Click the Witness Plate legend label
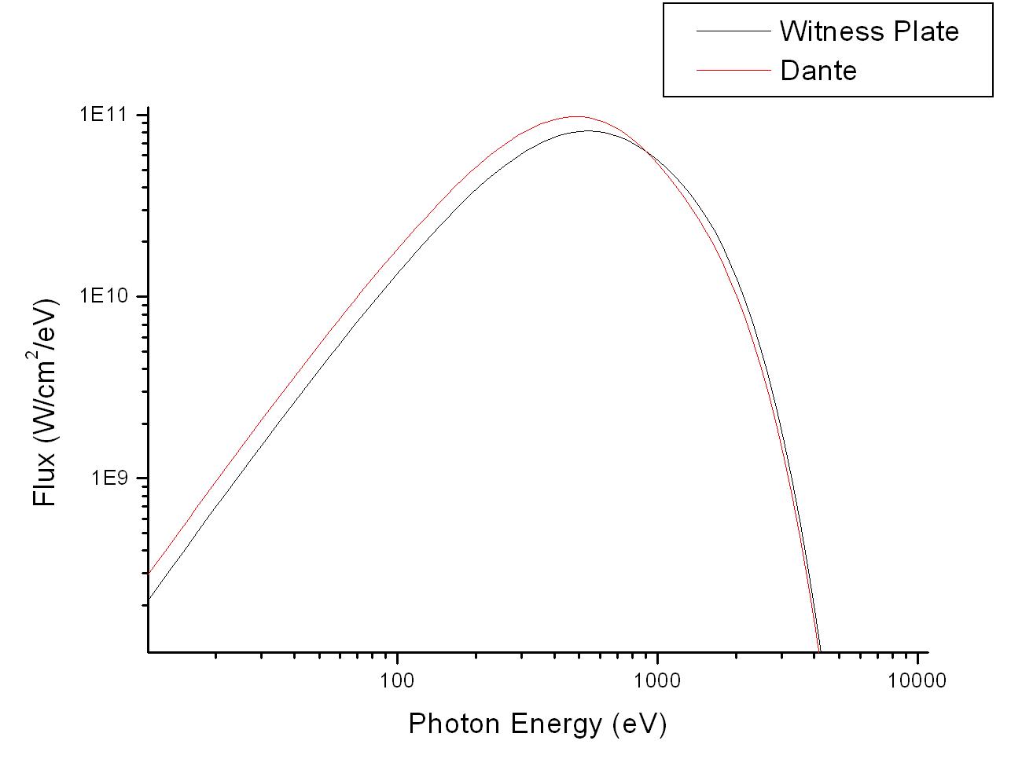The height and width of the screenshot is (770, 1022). coord(869,31)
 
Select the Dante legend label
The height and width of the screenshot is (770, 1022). coord(818,71)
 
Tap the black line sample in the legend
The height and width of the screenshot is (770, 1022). coord(733,31)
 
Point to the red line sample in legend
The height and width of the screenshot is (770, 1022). coord(733,71)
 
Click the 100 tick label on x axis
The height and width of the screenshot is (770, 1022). coord(397,680)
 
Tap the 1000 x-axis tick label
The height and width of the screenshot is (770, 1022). coord(656,680)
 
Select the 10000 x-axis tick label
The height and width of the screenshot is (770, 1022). coord(917,680)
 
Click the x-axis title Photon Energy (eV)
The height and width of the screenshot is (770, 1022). coord(537,723)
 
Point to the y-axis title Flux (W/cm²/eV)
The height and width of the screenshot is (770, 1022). coord(46,402)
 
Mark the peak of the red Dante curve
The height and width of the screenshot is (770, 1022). coord(577,116)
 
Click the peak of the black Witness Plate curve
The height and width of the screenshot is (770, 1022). coord(589,131)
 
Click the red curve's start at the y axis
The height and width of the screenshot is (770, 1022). coord(149,574)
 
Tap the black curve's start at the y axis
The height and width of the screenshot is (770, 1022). coord(149,600)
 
